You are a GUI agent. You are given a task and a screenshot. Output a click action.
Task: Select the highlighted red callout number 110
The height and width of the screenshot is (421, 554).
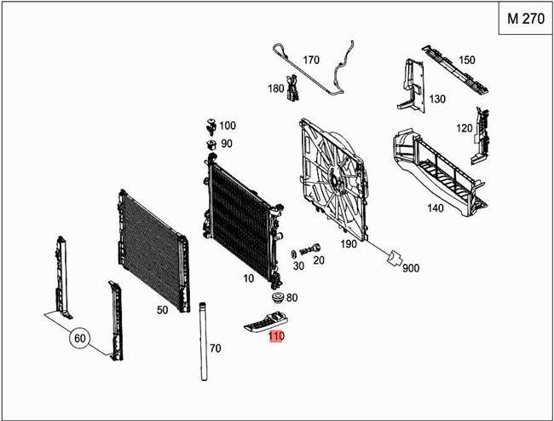(x=275, y=336)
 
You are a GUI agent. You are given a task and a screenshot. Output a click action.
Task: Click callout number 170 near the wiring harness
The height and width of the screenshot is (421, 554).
(x=310, y=60)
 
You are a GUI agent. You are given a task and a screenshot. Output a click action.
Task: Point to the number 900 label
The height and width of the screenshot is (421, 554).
(x=411, y=268)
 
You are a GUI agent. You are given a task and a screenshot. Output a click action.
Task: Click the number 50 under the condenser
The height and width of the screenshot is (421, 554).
(x=161, y=310)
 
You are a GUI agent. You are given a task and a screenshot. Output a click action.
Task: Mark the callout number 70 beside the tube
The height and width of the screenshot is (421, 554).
(x=215, y=348)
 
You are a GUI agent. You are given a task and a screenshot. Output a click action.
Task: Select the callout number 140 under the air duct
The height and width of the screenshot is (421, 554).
(x=435, y=207)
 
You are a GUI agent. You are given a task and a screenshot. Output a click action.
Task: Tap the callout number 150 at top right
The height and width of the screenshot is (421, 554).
(x=466, y=60)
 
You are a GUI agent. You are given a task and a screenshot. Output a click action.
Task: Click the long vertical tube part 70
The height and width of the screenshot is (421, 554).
(x=204, y=342)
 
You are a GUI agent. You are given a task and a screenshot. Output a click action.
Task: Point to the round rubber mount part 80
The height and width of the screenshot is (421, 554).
(x=275, y=299)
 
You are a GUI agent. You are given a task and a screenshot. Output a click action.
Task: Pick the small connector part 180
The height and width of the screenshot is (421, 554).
(x=294, y=87)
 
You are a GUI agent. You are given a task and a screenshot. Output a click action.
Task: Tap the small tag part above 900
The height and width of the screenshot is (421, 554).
(x=393, y=257)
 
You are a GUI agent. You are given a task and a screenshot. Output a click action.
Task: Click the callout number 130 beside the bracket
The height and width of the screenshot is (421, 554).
(x=437, y=99)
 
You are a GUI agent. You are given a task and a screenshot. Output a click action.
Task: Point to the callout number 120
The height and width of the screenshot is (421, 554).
(x=464, y=128)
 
